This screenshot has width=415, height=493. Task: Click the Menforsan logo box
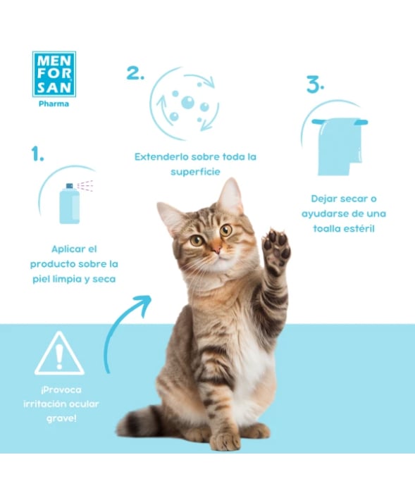point(54,73)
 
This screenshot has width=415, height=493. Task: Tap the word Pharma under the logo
point(54,104)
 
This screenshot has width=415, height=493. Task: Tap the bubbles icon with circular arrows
point(187,104)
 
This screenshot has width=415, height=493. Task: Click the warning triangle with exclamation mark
point(59,354)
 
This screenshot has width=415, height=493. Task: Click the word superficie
point(197,172)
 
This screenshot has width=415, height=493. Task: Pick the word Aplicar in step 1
point(69,249)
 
